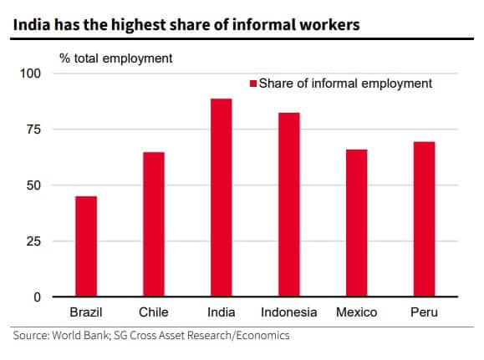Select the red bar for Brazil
86,246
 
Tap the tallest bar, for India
222,198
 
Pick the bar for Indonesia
289,205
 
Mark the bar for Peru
425,220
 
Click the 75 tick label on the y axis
32,129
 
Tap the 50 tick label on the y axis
32,185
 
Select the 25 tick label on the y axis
32,241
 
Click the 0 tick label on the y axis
36,297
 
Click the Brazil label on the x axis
86,312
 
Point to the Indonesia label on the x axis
289,312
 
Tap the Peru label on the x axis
425,312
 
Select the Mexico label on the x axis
357,312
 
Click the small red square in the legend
252,84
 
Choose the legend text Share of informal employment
345,84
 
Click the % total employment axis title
115,58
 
